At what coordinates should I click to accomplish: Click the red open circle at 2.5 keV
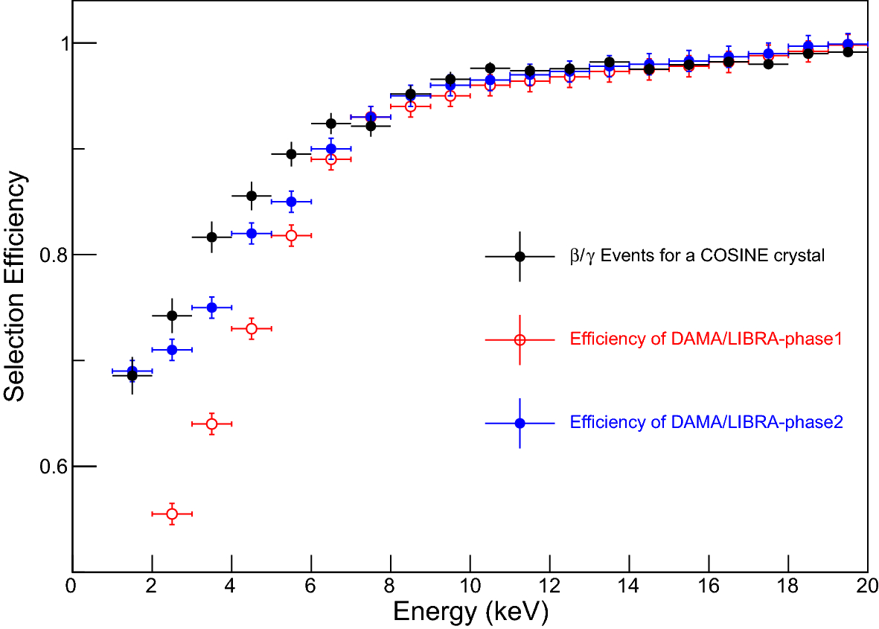[172, 514]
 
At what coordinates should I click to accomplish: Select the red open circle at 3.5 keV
[212, 424]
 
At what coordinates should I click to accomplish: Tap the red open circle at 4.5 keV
[252, 328]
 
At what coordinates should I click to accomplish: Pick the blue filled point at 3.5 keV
[212, 307]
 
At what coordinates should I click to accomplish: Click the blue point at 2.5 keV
[172, 349]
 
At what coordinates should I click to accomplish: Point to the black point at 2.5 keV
[172, 316]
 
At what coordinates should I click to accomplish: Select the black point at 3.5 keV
[212, 237]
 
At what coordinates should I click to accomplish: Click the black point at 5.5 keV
[291, 154]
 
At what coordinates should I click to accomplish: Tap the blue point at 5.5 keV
[291, 202]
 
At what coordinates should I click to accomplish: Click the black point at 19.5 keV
[848, 52]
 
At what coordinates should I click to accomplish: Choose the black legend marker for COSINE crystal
[520, 256]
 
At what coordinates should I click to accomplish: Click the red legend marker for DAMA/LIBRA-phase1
[520, 339]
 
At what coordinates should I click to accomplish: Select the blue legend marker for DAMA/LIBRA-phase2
[520, 423]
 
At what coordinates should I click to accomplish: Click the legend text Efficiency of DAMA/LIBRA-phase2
[706, 423]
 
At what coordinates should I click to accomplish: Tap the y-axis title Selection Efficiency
[16, 287]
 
